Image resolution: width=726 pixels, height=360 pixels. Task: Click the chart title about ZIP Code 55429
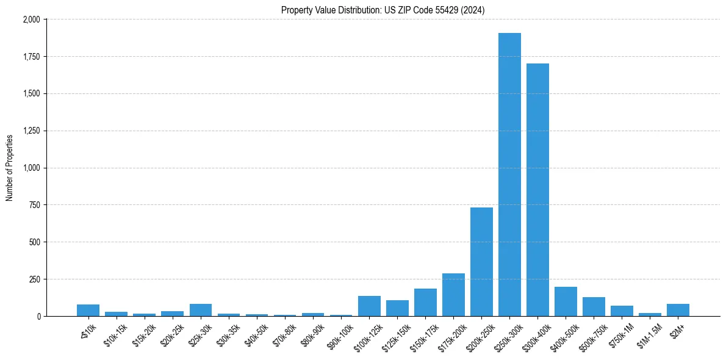(383, 10)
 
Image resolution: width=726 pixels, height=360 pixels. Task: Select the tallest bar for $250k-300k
(509, 175)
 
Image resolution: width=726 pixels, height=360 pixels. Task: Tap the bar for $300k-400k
(537, 190)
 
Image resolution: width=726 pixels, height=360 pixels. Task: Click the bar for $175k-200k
(453, 295)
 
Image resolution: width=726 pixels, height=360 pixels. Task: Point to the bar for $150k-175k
(425, 302)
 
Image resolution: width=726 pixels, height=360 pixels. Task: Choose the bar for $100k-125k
(369, 306)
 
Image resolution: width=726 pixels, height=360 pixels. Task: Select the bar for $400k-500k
(566, 301)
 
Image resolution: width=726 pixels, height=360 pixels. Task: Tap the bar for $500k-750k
(594, 307)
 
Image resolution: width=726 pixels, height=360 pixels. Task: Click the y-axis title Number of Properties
(10, 168)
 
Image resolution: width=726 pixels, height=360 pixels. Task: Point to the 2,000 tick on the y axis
(31, 20)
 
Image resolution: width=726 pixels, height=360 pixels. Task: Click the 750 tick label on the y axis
(34, 205)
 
